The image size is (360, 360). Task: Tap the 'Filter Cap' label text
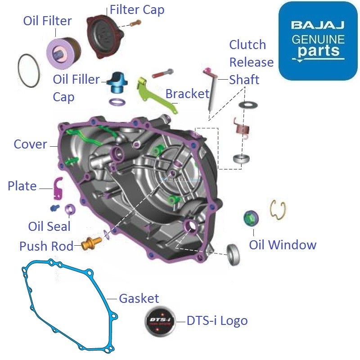[137, 9]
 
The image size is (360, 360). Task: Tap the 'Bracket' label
[187, 94]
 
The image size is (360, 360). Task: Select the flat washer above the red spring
[247, 104]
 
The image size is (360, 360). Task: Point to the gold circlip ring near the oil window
[278, 210]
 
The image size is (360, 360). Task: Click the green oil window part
[250, 218]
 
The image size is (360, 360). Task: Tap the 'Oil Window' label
[283, 245]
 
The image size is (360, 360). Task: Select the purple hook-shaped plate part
[58, 188]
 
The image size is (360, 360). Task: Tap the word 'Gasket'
[139, 298]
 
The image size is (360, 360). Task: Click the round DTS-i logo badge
[158, 321]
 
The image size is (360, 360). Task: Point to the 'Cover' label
[30, 144]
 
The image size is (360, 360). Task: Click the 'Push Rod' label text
[46, 246]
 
